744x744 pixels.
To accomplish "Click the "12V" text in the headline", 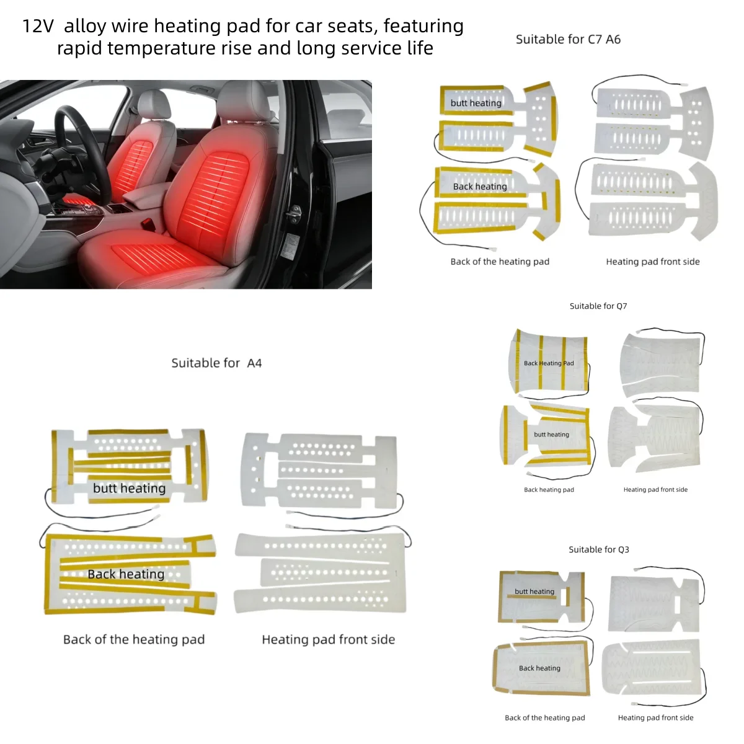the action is (38, 26).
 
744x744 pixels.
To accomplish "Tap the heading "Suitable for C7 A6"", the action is (568, 40).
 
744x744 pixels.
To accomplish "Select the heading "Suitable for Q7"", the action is (598, 306).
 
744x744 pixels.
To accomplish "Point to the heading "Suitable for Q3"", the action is (598, 549).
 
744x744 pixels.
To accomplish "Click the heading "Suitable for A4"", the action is (216, 363).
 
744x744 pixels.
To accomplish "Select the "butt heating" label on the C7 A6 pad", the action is (476, 103).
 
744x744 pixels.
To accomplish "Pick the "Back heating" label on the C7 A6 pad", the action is (480, 187).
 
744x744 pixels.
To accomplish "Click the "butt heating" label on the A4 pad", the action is (130, 489).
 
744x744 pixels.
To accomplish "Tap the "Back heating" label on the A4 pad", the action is (126, 574).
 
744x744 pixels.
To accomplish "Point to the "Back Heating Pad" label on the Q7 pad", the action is (549, 363).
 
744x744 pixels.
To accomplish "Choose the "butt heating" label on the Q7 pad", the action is (551, 435).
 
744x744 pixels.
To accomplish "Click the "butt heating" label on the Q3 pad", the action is (534, 591).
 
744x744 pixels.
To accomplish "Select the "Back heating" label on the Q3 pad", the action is (539, 668).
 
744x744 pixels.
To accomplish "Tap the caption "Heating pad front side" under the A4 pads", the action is (328, 640).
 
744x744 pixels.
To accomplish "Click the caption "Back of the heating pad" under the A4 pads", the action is (133, 640).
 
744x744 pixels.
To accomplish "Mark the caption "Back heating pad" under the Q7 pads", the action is (549, 490).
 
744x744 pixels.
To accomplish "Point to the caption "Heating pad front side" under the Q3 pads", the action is (655, 718).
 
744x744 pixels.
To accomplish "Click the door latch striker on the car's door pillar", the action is (294, 213).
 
